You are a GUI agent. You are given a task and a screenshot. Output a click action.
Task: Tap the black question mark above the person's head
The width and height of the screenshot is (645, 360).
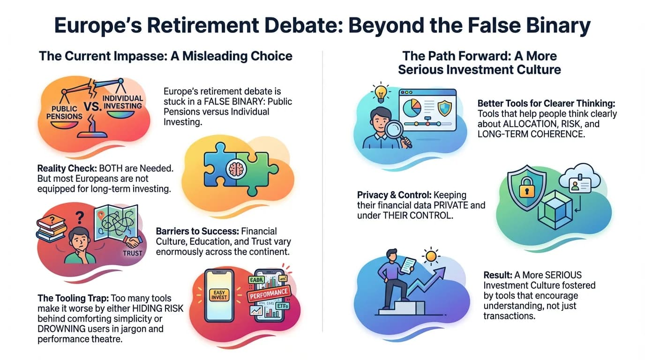point(80,217)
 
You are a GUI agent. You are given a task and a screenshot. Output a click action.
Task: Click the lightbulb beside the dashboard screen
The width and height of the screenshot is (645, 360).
point(379,91)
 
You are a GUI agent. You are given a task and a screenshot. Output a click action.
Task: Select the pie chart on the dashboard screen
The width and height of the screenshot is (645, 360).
point(412,109)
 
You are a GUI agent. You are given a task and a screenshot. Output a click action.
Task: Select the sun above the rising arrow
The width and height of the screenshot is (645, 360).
point(430,256)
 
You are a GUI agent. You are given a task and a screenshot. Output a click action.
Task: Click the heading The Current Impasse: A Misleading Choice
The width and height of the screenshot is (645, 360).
point(165,56)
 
